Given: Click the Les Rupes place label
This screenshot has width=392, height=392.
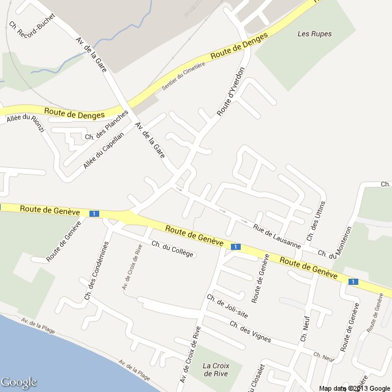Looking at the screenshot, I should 314,34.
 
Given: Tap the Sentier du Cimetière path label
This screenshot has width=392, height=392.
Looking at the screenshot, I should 181,78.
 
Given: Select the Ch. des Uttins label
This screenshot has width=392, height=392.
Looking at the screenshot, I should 315,221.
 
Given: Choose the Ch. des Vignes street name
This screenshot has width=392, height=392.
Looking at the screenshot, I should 250,333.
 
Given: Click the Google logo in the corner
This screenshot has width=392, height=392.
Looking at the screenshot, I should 19,383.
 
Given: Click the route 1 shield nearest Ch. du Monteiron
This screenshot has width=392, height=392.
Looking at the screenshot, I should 352,281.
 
